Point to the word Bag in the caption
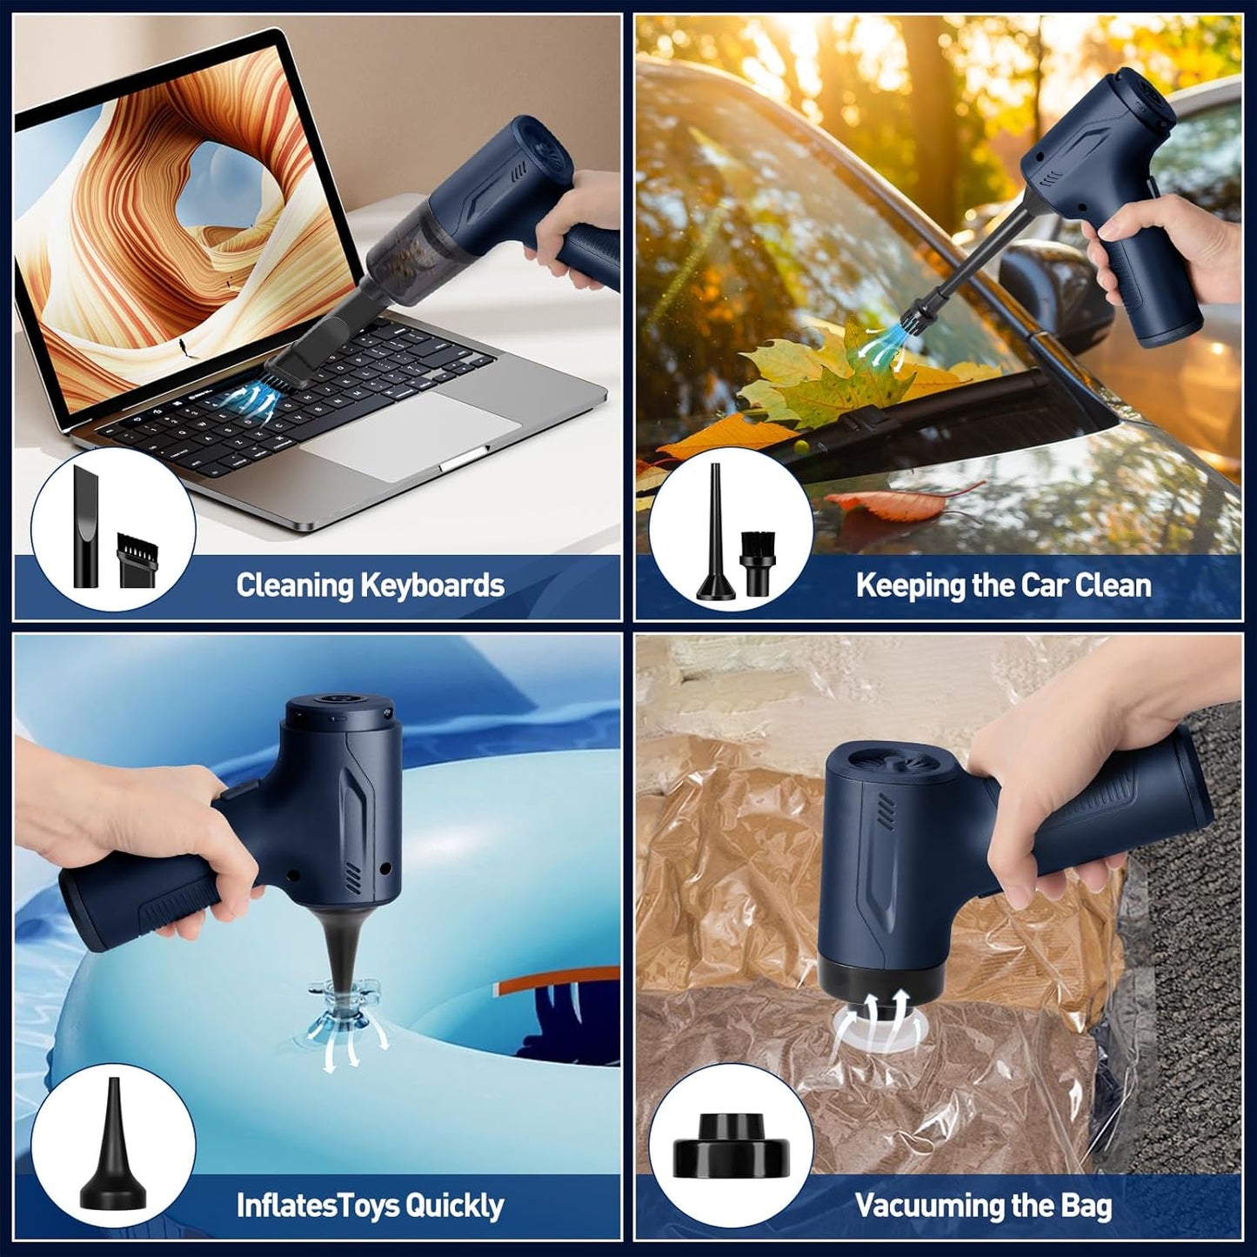coord(1087,1206)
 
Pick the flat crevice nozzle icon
coord(89,526)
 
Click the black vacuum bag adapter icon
coord(732,1147)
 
